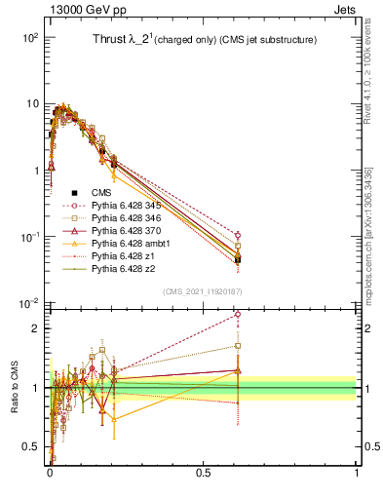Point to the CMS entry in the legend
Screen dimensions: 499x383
pyautogui.click(x=101, y=193)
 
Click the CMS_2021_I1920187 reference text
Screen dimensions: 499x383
pyautogui.click(x=203, y=292)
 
